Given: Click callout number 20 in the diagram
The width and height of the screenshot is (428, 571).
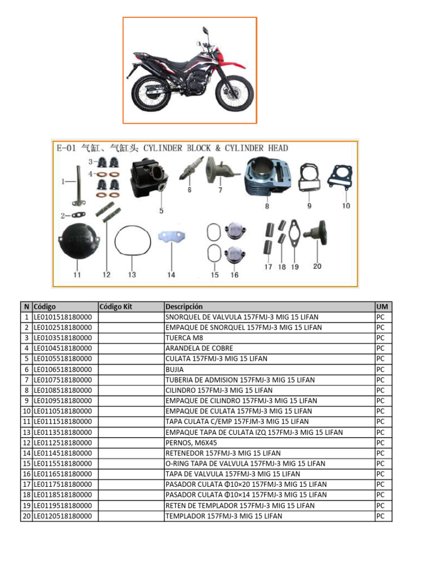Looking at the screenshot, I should click(x=317, y=267).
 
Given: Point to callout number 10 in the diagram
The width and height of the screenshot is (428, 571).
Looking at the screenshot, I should click(x=346, y=206).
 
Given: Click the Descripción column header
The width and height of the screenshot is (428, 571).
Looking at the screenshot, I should click(x=184, y=307).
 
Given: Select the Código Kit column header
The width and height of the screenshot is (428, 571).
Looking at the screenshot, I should click(x=116, y=307).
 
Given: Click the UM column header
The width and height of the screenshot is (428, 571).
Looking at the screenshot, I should click(x=382, y=307).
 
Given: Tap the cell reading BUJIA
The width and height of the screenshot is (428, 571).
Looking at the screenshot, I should click(x=174, y=369).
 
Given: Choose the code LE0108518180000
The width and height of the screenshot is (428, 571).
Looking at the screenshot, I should click(x=63, y=390).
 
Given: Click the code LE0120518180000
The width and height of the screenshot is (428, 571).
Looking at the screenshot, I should click(x=63, y=516).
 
